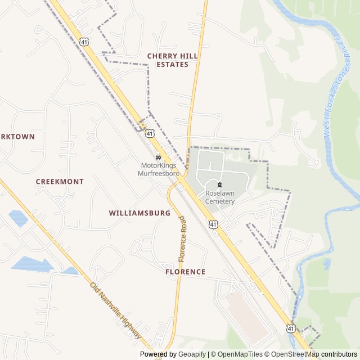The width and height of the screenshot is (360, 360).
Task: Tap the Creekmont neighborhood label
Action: (x=60, y=182)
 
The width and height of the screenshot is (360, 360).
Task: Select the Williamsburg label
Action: (x=139, y=214)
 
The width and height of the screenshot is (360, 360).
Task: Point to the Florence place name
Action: (x=185, y=272)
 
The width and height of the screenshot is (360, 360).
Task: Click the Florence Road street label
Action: (x=182, y=239)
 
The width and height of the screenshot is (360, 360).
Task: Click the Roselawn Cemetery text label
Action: (x=219, y=197)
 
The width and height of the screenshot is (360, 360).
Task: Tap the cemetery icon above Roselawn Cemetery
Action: (x=219, y=184)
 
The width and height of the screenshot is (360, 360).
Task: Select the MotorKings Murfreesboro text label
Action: (x=159, y=169)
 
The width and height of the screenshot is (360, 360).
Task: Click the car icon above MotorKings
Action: (x=158, y=157)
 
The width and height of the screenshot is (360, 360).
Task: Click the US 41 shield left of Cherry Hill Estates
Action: (x=83, y=41)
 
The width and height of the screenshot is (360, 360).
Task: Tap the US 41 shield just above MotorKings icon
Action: (x=150, y=133)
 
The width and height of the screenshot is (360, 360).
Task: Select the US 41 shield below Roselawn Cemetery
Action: (x=213, y=224)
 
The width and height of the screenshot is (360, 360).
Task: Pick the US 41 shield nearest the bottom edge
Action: (x=290, y=328)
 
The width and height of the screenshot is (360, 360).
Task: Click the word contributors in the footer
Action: (x=339, y=354)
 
